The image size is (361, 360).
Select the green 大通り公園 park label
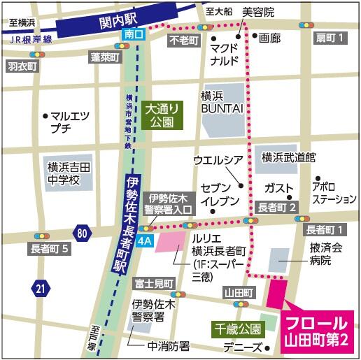(x=162, y=115)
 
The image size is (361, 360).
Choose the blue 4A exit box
(x=145, y=241)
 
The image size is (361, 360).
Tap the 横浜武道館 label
(x=289, y=157)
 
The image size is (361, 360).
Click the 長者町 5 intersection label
(x=50, y=248)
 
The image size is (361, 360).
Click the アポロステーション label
(x=334, y=193)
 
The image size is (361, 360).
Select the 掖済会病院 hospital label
(x=327, y=255)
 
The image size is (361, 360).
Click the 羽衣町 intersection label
(x=23, y=66)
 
